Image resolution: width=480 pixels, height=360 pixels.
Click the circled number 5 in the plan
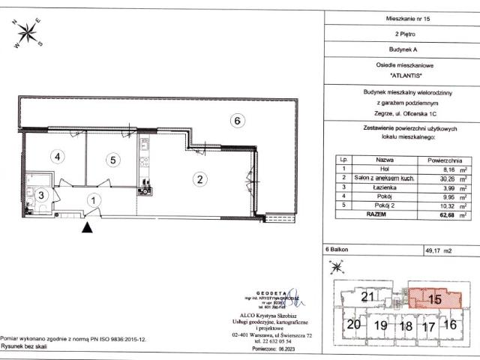[x=112, y=159]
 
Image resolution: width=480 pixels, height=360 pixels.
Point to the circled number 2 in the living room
[x=199, y=178]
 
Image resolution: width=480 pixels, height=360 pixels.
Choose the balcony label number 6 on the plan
[x=235, y=120]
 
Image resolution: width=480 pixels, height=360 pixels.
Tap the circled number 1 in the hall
[x=92, y=199]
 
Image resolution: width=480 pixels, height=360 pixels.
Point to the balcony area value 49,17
[x=435, y=252]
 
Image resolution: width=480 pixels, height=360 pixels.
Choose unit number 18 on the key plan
[x=406, y=325]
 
